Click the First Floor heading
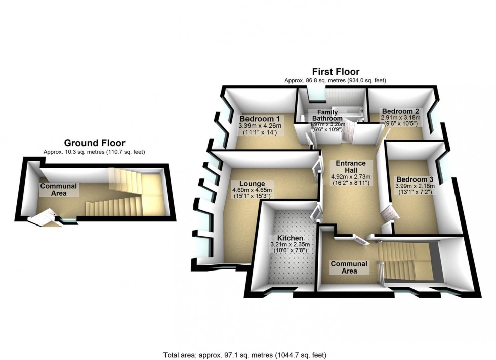(x=336, y=72)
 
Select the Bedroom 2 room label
(x=400, y=111)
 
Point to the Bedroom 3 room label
(x=415, y=179)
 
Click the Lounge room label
(x=252, y=183)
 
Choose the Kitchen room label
(x=286, y=238)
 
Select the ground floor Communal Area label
(x=59, y=189)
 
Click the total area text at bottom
(x=248, y=354)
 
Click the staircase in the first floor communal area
(x=405, y=260)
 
